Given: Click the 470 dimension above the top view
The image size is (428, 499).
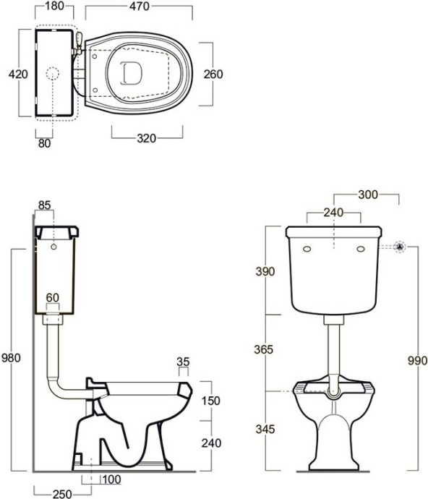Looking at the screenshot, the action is click(x=140, y=7).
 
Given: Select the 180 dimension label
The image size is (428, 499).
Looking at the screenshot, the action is click(x=55, y=6).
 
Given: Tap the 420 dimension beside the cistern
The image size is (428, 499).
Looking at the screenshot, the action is click(x=18, y=74).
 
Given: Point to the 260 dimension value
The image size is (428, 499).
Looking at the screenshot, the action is click(x=213, y=74).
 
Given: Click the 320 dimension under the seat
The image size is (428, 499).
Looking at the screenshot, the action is click(x=146, y=138).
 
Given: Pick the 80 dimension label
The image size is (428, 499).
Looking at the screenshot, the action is click(x=45, y=143).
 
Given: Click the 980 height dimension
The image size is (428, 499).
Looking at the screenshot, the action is click(x=11, y=358).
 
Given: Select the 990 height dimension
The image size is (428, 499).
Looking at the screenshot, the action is click(x=417, y=361).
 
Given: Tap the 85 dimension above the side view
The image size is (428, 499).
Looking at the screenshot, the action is click(x=45, y=205).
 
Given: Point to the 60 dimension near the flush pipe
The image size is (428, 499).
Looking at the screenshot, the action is click(x=53, y=297).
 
